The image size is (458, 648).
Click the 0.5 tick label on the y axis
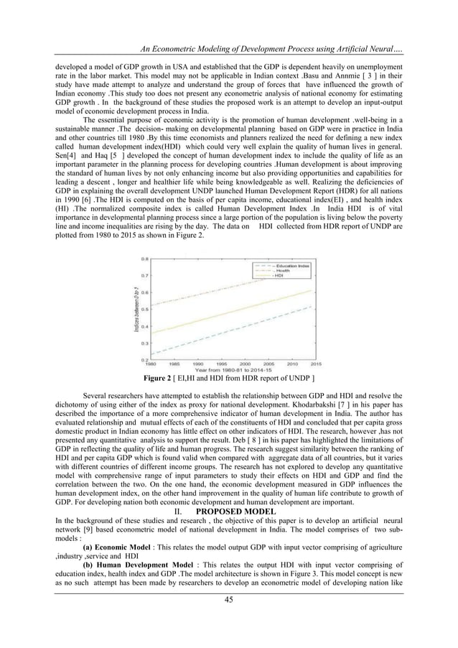coord(145,309)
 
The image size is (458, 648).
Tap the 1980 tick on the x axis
coord(151,363)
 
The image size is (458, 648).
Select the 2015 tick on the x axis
coord(316,363)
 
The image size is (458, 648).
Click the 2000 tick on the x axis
coord(246,363)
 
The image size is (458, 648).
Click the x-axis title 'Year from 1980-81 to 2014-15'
coord(233,369)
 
